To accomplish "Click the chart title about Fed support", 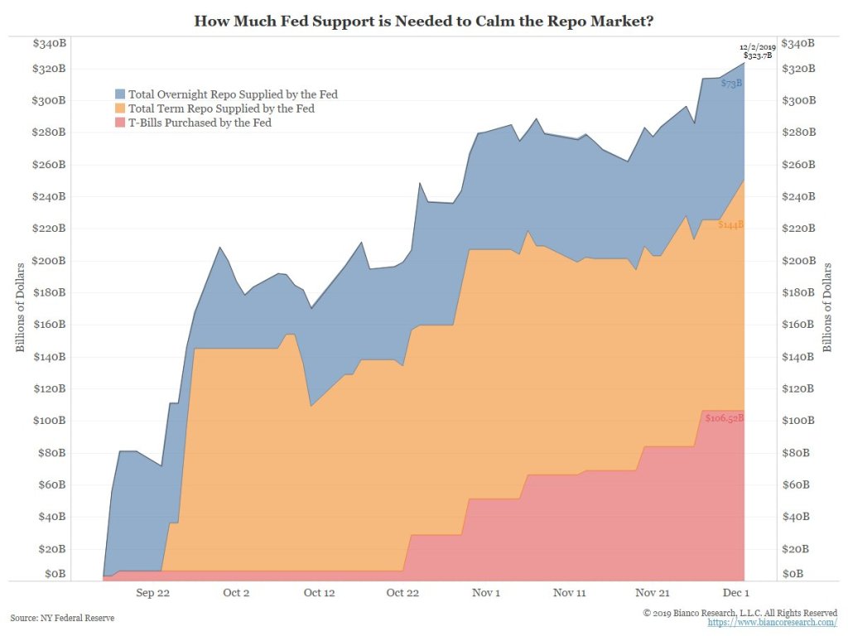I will point(424,20).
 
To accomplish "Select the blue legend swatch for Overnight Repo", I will point(121,94).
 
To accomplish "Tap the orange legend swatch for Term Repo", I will point(121,108).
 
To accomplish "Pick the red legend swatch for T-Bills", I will point(121,123).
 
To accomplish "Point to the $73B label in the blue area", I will point(731,84).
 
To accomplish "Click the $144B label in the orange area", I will point(730,224).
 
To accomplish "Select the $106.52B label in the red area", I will point(725,418).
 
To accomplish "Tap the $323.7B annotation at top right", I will point(759,55).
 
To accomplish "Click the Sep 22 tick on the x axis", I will point(152,593).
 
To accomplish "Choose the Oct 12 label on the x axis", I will point(319,593).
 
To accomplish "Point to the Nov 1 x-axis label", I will point(485,593).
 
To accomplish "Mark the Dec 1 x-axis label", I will point(735,593).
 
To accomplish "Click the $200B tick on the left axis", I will point(49,261).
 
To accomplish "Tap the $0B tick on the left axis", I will point(54,573).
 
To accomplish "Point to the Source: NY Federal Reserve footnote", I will point(63,618).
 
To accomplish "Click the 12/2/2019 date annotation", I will point(759,47).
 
